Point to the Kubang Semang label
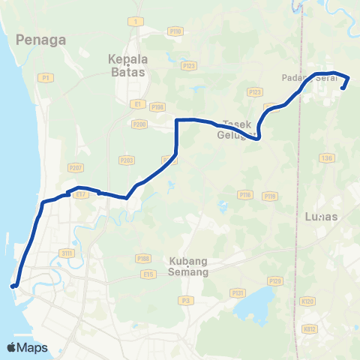click(x=187, y=265)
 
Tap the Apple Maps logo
click(x=27, y=347)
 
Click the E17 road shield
click(x=81, y=194)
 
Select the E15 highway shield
click(x=148, y=274)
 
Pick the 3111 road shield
click(x=65, y=253)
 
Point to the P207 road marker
click(x=74, y=168)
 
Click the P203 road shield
click(x=126, y=160)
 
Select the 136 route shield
click(x=325, y=157)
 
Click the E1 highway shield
click(x=137, y=103)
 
